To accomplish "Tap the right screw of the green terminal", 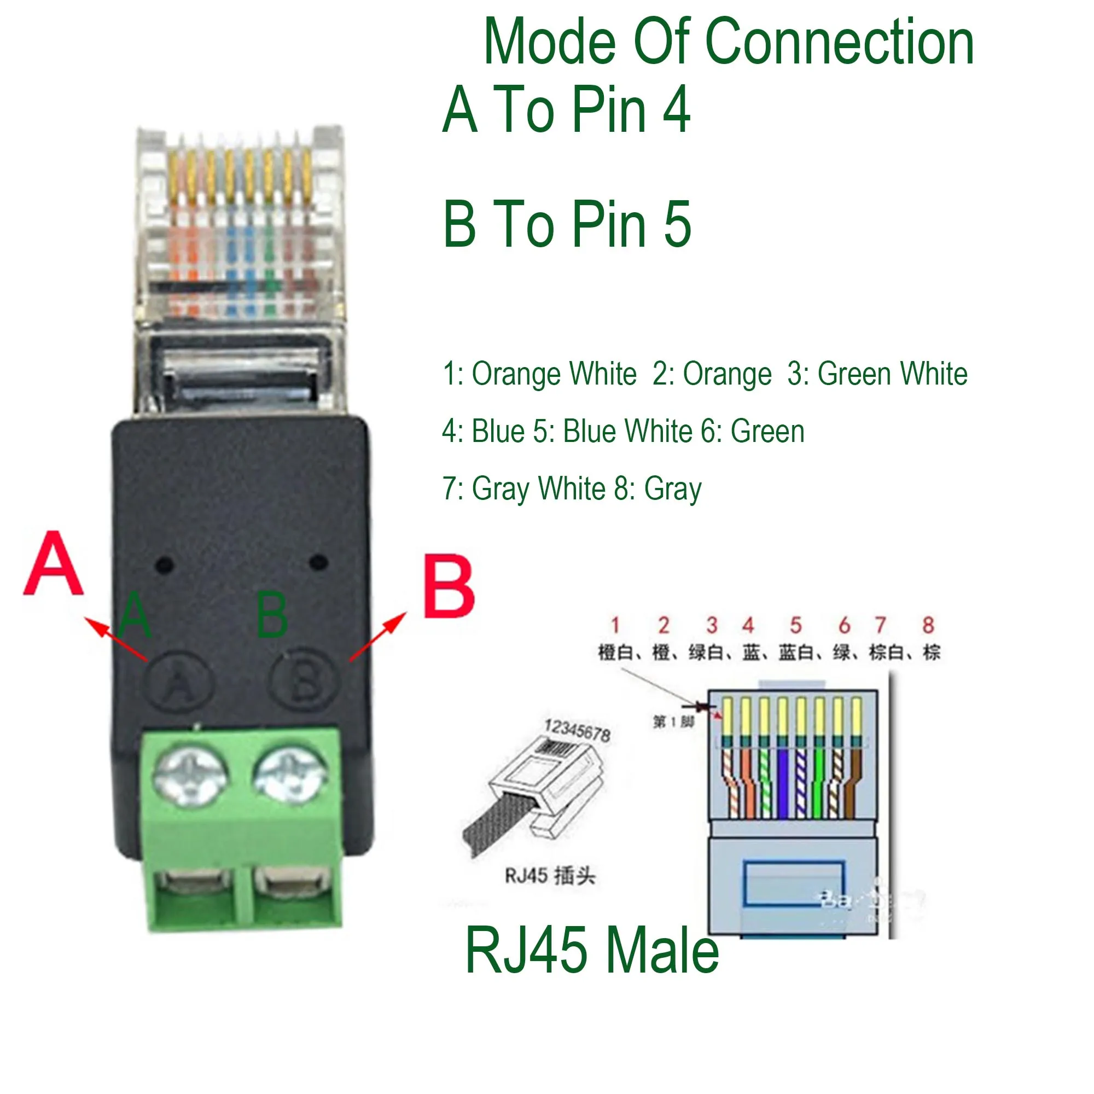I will coord(290,774).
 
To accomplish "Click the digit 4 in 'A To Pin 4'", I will coord(677,109).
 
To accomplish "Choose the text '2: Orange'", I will coord(712,374).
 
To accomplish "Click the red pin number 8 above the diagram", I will coord(928,625).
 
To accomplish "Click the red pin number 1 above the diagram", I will coord(615,625).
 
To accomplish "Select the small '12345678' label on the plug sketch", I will coord(577,730).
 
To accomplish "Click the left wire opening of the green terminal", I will coord(194,883).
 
